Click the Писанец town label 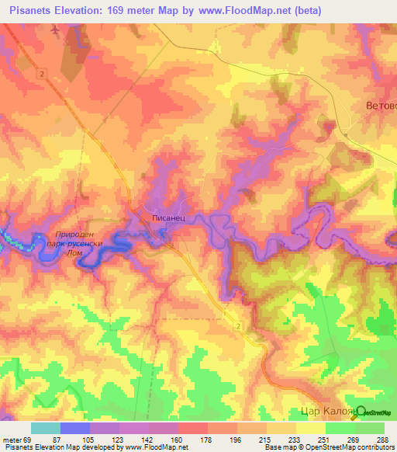(167, 221)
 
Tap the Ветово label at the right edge (380, 105)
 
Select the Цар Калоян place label (326, 413)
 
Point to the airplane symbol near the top (55, 31)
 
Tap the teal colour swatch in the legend (46, 428)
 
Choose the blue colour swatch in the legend (75, 428)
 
